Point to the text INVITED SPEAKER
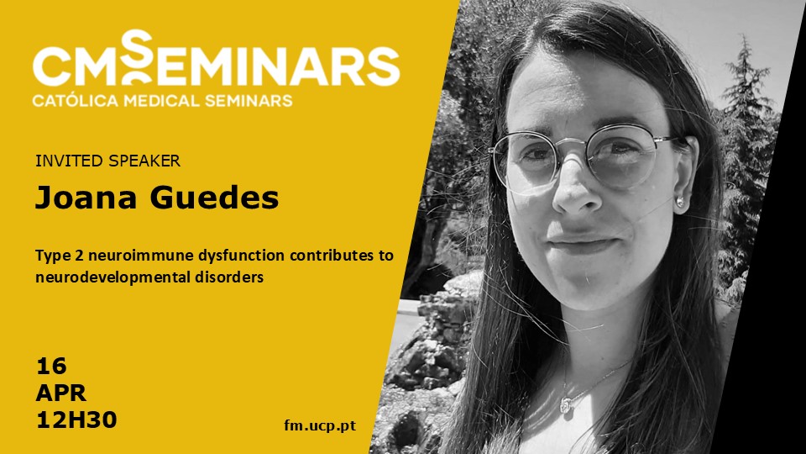point(108,161)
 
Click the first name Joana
point(86,197)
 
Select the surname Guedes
point(214,197)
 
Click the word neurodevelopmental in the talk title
point(113,277)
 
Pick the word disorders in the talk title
point(229,277)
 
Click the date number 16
point(51,367)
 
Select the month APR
point(60,393)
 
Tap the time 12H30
point(76,420)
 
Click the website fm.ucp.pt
point(320,425)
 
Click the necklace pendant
point(565,407)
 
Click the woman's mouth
point(583,243)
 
